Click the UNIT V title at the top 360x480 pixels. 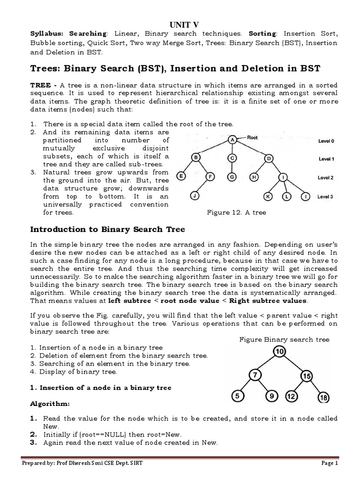(x=180, y=24)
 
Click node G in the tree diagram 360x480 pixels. (x=232, y=177)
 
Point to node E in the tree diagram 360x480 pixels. (x=181, y=177)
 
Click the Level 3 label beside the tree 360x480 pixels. (x=325, y=197)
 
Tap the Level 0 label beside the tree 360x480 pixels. (x=326, y=140)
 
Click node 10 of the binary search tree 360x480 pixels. (x=280, y=352)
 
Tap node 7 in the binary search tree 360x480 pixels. (x=255, y=375)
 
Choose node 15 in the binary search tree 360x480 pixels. (x=307, y=375)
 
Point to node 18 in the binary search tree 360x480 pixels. (x=323, y=398)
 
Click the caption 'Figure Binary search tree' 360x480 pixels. (x=284, y=339)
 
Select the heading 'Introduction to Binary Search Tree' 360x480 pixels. (x=108, y=229)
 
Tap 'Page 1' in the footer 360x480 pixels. (x=329, y=464)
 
